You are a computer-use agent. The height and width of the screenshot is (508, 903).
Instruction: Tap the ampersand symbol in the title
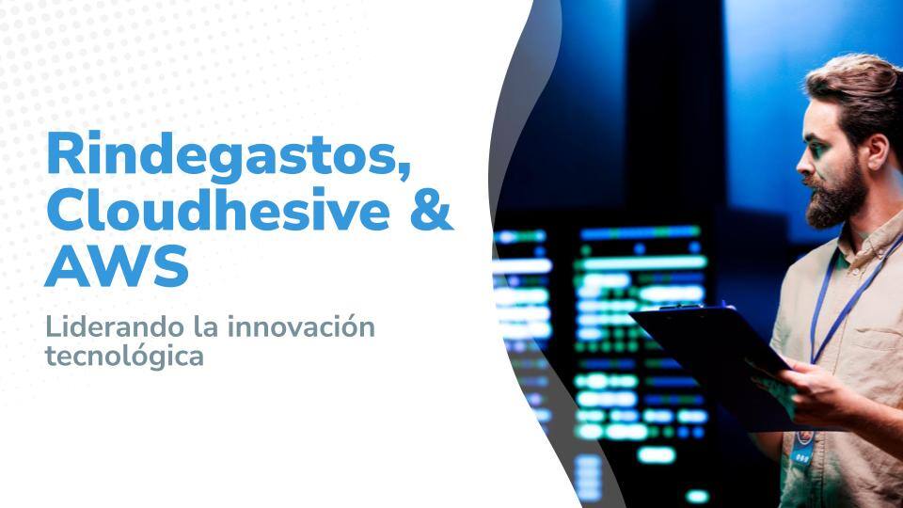(432, 211)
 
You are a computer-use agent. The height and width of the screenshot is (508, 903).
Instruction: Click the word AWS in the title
(117, 267)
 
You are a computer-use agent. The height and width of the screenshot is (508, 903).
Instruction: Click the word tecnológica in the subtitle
(124, 357)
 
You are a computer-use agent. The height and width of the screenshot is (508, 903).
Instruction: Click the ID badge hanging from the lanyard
(802, 452)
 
